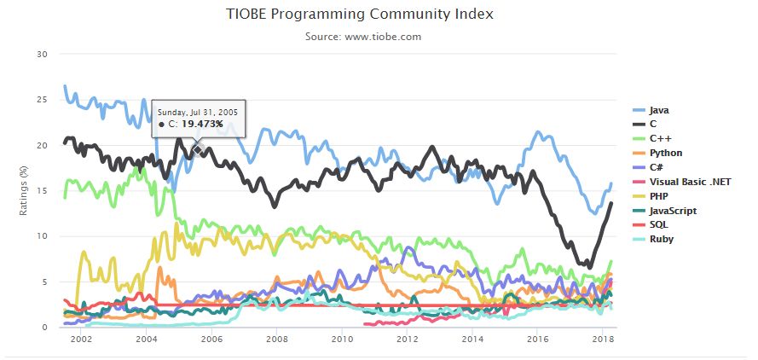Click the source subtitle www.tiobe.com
click(x=363, y=37)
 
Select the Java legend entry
click(x=657, y=110)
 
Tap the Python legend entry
click(x=665, y=153)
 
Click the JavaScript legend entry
click(x=673, y=210)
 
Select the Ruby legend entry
click(x=661, y=239)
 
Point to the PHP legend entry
click(x=658, y=196)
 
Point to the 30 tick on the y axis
click(x=42, y=55)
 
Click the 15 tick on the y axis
click(x=42, y=190)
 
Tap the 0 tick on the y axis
click(x=44, y=327)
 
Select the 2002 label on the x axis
click(x=81, y=340)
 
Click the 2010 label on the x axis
click(x=342, y=340)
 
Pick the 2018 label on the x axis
click(x=603, y=340)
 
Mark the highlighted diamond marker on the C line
click(x=197, y=150)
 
